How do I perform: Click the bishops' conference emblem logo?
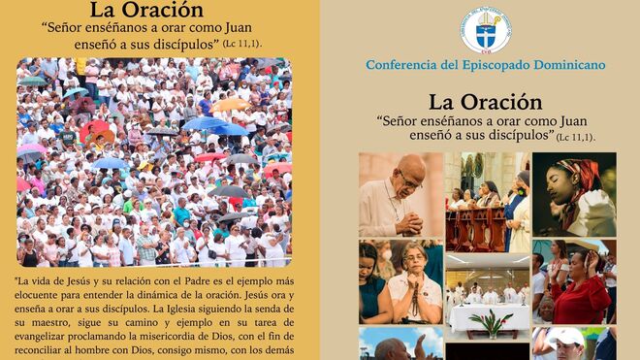(485, 29)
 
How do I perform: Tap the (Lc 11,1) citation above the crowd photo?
(241, 44)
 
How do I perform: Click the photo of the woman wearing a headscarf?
(574, 194)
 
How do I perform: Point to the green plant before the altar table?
(486, 322)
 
